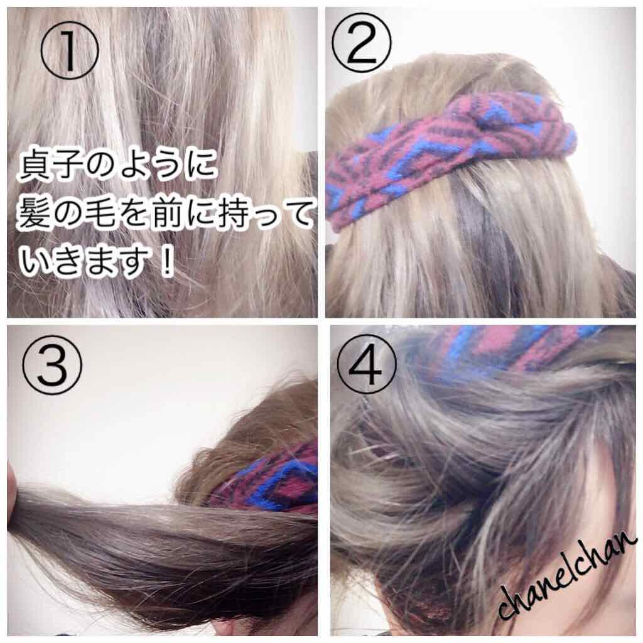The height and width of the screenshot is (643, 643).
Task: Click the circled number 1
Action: (70, 50)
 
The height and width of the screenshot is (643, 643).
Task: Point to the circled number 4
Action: (368, 365)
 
